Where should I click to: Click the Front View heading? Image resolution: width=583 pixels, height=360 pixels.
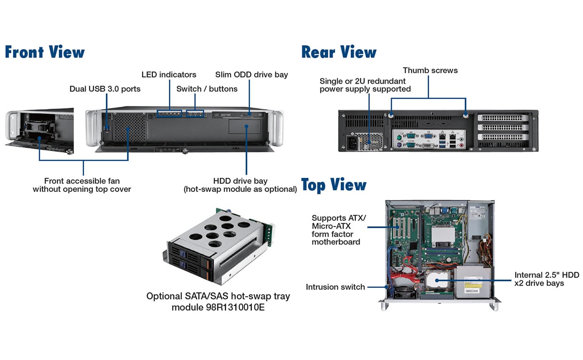pos(45,52)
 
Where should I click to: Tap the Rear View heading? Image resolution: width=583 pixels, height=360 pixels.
pos(339,52)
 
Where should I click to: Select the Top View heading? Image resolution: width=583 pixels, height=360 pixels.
pos(334,185)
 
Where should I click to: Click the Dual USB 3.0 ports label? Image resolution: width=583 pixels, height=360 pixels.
pos(105,88)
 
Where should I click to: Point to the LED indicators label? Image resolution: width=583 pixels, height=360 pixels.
pos(169,74)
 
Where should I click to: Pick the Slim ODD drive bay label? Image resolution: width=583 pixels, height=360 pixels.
pos(251,74)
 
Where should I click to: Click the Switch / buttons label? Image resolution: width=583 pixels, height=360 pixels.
pos(207,88)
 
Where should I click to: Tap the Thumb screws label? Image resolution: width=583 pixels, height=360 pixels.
pos(430,71)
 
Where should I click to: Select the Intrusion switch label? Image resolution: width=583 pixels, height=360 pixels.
pos(335,287)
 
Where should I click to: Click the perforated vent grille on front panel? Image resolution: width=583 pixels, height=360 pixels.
pos(130,127)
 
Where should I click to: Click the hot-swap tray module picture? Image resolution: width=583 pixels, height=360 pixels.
pos(218,247)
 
